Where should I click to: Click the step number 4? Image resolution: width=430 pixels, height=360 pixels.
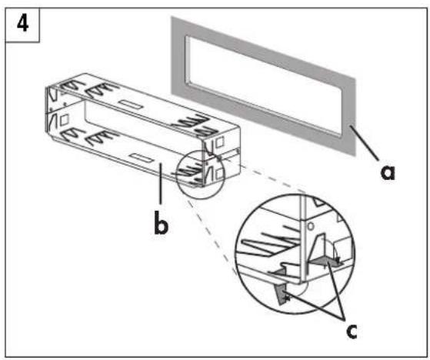[23, 24]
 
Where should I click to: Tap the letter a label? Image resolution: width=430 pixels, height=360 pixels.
[388, 172]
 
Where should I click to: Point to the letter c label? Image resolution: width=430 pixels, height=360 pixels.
[352, 331]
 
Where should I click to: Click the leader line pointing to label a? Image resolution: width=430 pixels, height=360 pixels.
[365, 142]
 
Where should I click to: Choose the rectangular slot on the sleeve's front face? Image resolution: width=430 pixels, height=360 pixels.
[142, 158]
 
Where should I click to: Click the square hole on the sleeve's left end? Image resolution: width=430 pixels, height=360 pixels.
[64, 120]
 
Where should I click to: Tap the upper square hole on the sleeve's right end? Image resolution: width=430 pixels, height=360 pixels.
[220, 142]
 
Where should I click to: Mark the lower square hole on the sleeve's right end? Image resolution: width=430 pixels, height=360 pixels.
[220, 174]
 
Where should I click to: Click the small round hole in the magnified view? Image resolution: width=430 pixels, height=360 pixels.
[311, 226]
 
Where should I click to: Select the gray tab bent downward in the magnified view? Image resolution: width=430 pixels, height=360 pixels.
[282, 293]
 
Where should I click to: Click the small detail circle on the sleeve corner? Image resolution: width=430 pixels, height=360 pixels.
[201, 175]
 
